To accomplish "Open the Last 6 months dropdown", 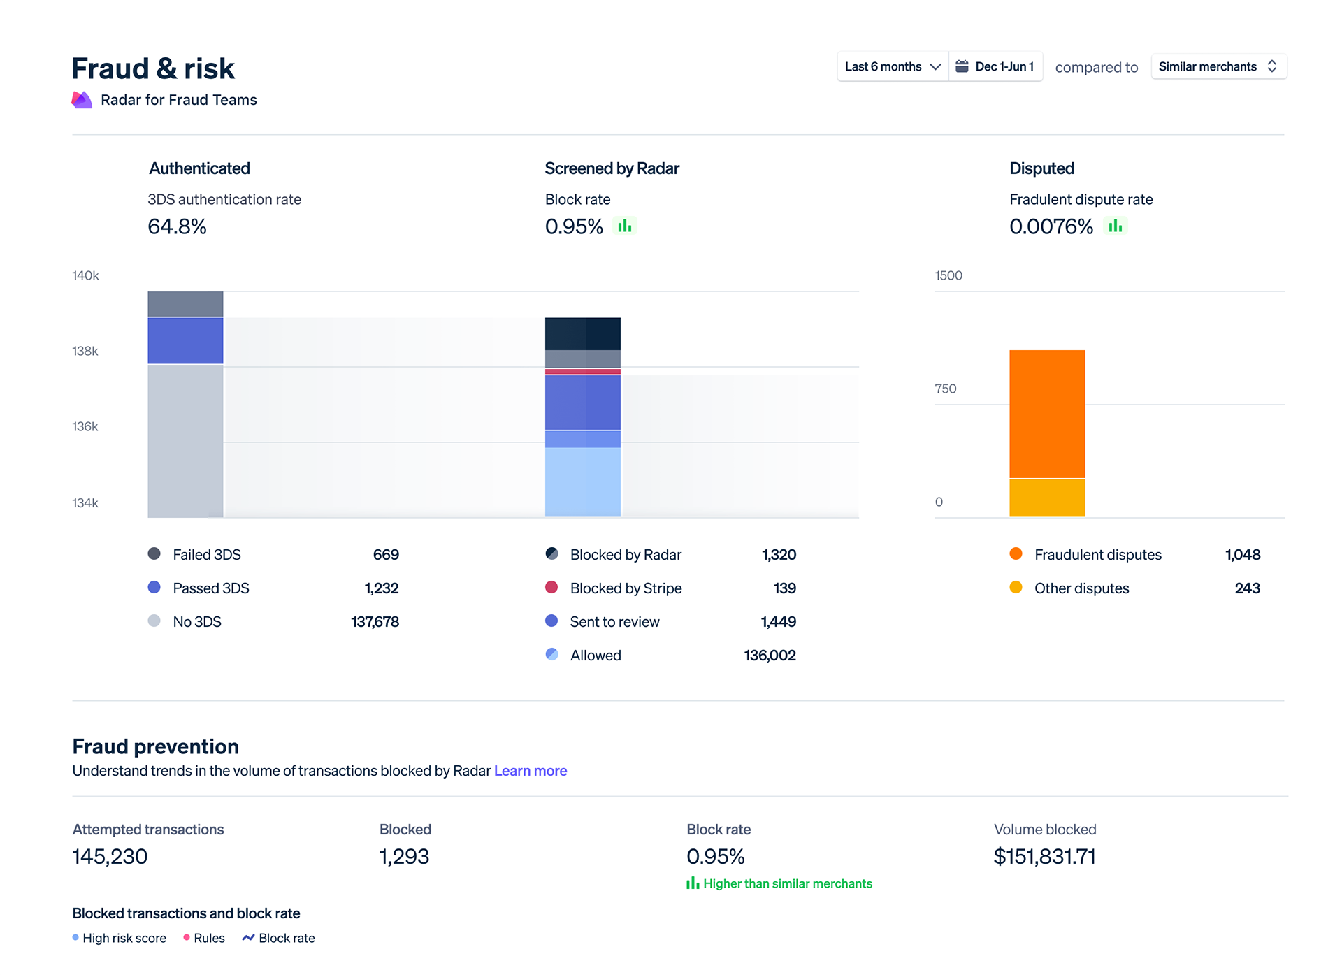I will tap(893, 66).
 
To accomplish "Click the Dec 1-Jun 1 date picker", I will tap(995, 66).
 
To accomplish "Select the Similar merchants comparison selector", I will tap(1218, 66).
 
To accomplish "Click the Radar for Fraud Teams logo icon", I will tap(82, 100).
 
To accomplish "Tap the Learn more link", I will tap(530, 771).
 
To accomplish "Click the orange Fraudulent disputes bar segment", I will tap(1046, 414).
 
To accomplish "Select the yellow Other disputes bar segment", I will tap(1046, 498).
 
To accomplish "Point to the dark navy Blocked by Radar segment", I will tap(582, 333).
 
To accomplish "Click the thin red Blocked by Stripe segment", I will tap(582, 372).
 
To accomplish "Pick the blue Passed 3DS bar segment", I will tap(185, 340).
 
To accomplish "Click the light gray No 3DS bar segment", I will tap(185, 440).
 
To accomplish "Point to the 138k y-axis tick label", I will tap(85, 351).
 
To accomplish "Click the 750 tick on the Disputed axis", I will tap(945, 389).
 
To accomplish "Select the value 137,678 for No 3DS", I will tap(375, 622).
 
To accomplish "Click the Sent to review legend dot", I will tap(551, 621).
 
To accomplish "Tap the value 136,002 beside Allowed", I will tap(770, 656).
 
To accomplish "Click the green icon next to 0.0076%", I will tap(1115, 226).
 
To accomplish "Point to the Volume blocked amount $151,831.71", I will tap(1044, 857).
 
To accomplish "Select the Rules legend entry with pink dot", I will tap(204, 938).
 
